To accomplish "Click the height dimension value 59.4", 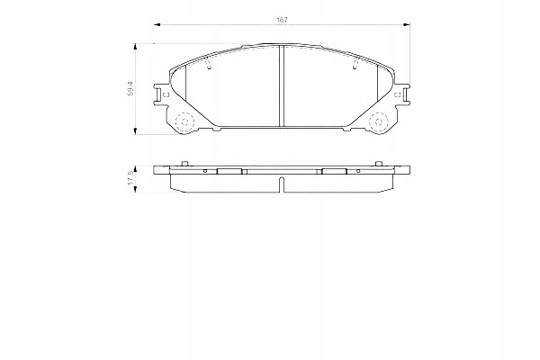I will point(132,86).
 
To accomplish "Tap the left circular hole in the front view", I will point(184,122).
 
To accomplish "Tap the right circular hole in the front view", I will point(380,122).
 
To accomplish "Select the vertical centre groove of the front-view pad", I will point(282,85).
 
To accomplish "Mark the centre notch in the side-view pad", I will point(282,185).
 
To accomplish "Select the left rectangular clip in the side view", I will point(231,170).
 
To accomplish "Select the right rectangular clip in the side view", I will point(334,170).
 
